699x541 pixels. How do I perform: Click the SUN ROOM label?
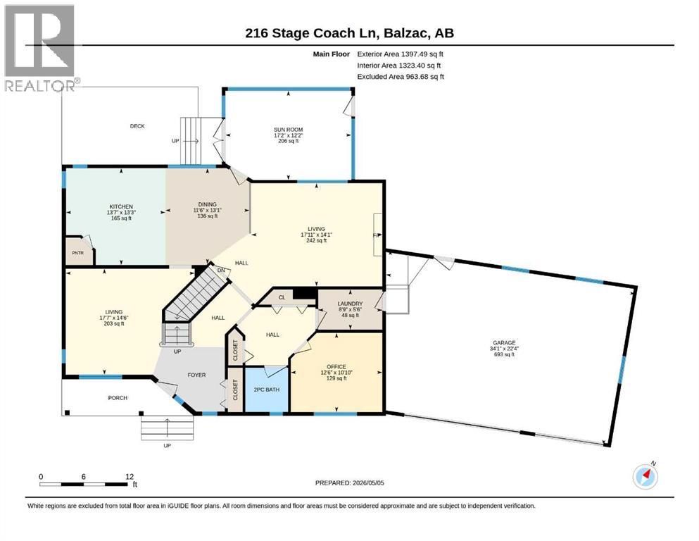pos(289,130)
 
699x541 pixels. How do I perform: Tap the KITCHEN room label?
pos(121,206)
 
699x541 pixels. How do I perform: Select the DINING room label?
pos(207,204)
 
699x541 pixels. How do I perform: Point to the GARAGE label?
pos(504,343)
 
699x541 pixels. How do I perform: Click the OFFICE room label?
pos(336,366)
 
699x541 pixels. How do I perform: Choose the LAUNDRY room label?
pos(350,304)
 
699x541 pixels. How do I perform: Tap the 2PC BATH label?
pos(267,390)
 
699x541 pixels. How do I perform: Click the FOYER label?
pos(196,375)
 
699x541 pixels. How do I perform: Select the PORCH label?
pos(118,398)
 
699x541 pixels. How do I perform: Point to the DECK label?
pos(137,126)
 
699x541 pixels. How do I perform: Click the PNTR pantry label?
pos(77,253)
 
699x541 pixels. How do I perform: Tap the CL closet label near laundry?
pos(282,297)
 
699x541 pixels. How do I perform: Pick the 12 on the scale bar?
pos(130,477)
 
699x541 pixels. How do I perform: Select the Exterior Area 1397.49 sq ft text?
pos(401,54)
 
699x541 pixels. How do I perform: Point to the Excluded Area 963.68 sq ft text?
pos(401,77)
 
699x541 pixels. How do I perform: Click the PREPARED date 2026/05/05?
pos(349,483)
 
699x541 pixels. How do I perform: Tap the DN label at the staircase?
pos(221,270)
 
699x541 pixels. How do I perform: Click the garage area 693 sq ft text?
pos(504,354)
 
